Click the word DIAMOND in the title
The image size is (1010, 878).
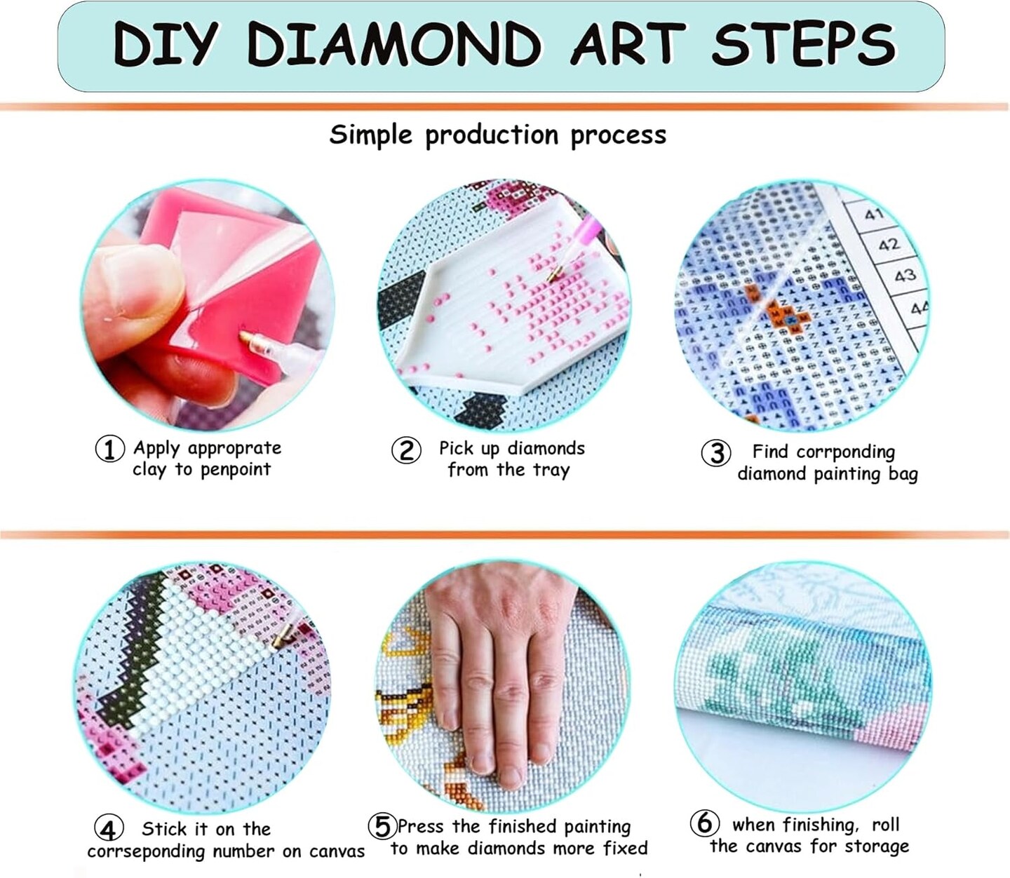tap(394, 45)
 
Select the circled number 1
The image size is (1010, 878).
tap(109, 449)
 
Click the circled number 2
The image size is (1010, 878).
tap(406, 450)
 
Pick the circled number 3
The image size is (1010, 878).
tap(716, 453)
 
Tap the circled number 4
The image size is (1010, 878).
tap(108, 830)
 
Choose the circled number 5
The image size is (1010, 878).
tap(383, 827)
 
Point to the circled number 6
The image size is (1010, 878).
tap(704, 823)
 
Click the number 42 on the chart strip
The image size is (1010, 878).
tap(888, 245)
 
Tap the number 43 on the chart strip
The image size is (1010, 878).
tap(905, 275)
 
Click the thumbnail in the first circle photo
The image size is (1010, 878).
tap(123, 281)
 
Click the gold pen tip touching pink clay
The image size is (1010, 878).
tap(248, 339)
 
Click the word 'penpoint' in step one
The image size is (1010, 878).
tap(235, 470)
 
